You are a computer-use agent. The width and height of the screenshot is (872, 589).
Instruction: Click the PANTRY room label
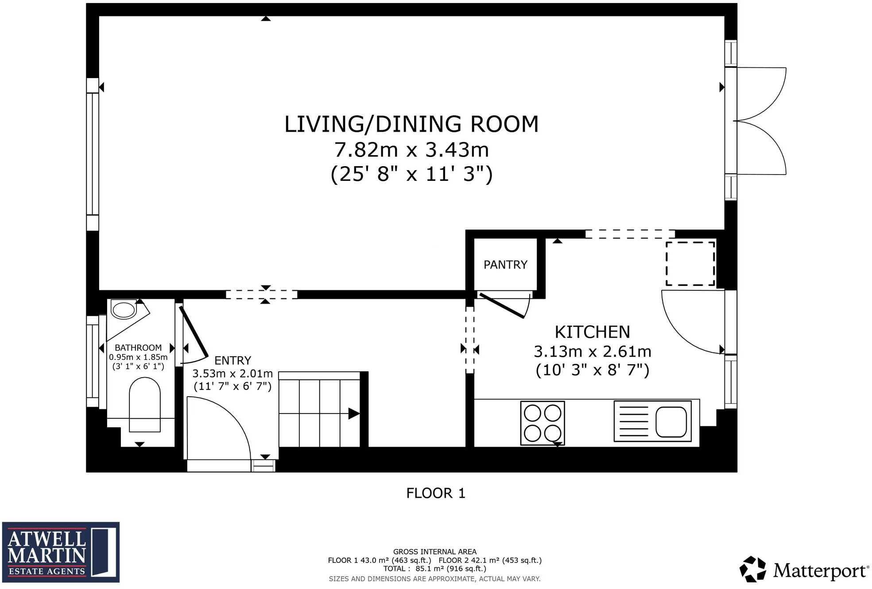coord(505,265)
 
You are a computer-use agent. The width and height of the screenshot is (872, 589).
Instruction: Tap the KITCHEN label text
coord(592,332)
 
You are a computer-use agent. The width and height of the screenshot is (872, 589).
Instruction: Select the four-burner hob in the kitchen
coord(543,423)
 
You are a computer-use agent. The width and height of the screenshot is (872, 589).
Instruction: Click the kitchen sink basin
coord(671,422)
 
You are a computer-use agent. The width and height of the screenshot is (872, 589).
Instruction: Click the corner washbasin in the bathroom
coord(124,310)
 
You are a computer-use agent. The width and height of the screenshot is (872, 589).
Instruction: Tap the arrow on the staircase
coord(353,413)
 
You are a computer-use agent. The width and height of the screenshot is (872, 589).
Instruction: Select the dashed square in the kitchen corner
coord(690,264)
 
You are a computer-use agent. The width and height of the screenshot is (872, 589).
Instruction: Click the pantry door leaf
coord(502,306)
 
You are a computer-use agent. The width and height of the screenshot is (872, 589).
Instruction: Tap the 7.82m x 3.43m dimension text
coord(411,150)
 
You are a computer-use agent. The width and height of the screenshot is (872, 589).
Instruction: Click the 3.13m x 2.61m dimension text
coord(592,351)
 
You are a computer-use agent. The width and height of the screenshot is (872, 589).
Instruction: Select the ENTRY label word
coord(233,360)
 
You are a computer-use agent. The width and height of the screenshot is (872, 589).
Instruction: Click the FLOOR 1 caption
coord(436,493)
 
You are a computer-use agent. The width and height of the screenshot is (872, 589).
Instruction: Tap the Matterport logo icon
coord(752,569)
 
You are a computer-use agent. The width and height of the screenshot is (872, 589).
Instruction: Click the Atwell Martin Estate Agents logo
coord(61,552)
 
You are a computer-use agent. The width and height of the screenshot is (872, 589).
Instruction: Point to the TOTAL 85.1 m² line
coord(434,569)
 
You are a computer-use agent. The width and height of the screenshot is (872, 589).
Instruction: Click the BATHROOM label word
coord(138,348)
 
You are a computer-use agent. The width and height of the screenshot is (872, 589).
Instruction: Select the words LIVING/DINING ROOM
coord(411,124)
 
